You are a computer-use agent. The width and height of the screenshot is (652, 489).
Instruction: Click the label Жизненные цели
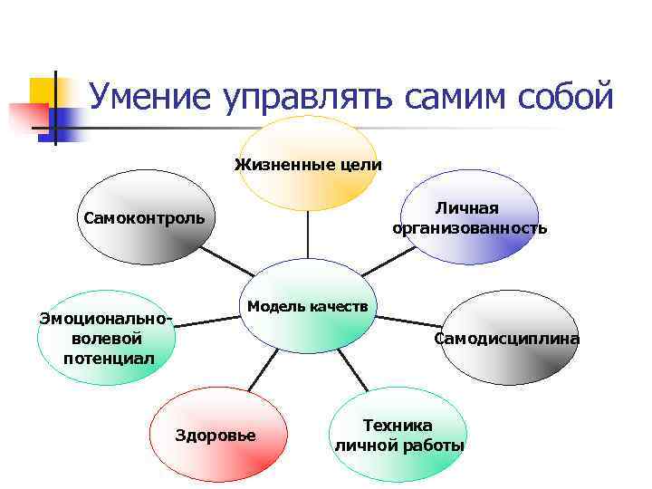tap(308, 165)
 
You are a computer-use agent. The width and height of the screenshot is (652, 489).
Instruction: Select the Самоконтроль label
tap(144, 218)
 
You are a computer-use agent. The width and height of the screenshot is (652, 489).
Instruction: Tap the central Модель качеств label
tap(308, 305)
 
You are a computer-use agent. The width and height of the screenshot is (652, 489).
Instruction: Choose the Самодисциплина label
tap(506, 340)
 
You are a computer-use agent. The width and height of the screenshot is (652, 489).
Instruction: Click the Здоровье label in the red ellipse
tap(215, 436)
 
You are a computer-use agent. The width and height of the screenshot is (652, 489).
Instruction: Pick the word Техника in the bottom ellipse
tap(398, 425)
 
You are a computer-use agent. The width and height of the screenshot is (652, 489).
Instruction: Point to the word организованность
tap(469, 228)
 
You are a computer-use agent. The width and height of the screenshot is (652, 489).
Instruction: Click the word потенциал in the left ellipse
tap(109, 358)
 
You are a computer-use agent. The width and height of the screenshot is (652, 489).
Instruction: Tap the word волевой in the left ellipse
tap(106, 338)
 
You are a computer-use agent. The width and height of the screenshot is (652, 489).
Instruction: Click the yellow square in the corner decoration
tap(43, 90)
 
